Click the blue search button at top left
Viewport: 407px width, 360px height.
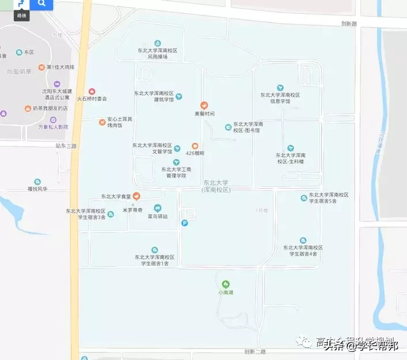(x=42, y=4)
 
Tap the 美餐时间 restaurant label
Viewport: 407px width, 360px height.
(x=204, y=113)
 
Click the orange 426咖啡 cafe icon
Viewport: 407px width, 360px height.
(x=195, y=146)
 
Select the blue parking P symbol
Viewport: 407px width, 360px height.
(x=184, y=223)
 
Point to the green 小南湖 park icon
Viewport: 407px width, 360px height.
(x=225, y=284)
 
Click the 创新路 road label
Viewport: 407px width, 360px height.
(x=349, y=24)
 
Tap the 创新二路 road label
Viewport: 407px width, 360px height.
(x=255, y=351)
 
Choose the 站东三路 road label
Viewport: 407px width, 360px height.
(x=66, y=146)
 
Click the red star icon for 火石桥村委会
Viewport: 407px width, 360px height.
(x=92, y=92)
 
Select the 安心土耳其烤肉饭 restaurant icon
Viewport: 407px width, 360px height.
(x=102, y=122)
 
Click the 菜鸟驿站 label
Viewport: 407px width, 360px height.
(x=157, y=217)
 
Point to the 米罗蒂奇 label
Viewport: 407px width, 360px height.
(x=133, y=211)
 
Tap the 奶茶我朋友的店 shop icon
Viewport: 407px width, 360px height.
(x=28, y=108)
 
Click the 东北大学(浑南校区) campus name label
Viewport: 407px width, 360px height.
(x=216, y=186)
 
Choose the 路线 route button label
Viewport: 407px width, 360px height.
(x=22, y=16)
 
